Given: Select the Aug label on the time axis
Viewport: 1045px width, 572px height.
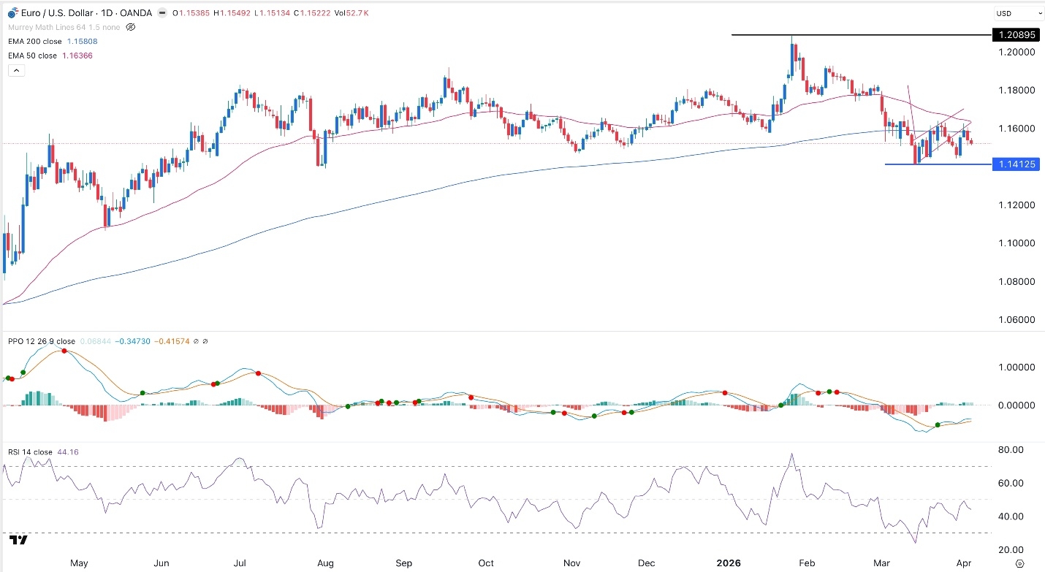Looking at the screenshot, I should click(x=325, y=563).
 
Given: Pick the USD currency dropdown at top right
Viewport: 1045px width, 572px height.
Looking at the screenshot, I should click(x=1019, y=13).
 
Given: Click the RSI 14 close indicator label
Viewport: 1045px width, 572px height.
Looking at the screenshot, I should click(x=30, y=452).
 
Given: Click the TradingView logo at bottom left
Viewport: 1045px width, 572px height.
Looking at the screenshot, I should click(x=19, y=540).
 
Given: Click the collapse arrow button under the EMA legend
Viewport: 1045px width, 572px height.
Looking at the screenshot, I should click(x=16, y=71).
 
